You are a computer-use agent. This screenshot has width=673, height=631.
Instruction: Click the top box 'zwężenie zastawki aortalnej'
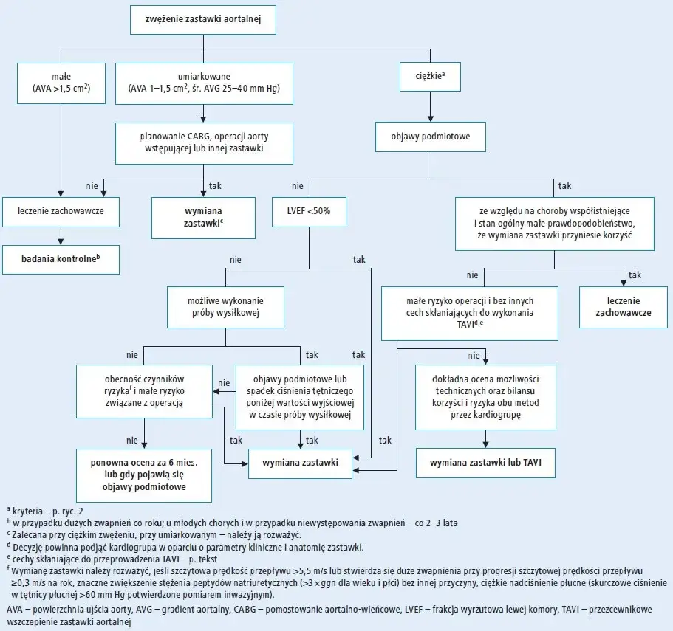coord(203,19)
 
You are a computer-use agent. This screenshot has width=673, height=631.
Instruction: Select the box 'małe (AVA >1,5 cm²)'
coord(61,83)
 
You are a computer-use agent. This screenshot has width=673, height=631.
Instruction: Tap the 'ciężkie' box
coord(430,77)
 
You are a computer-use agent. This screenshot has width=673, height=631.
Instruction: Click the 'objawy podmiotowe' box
coord(431,137)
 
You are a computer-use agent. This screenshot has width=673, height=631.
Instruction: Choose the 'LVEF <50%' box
coord(309,212)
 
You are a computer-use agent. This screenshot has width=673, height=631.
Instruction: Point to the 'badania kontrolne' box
coord(61,259)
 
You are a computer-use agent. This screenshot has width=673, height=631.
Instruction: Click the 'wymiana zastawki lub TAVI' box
coord(485,463)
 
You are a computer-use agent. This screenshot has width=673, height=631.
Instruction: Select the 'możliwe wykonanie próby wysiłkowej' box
coord(226,307)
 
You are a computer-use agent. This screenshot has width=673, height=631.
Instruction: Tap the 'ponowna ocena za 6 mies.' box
coord(144,475)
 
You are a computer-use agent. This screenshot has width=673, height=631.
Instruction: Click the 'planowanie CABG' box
coord(205,143)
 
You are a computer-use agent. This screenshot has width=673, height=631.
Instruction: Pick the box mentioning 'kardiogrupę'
coord(485,397)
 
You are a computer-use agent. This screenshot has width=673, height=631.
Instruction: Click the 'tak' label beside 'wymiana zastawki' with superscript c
coord(215,186)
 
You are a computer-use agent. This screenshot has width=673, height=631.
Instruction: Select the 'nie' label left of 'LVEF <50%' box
coord(298,186)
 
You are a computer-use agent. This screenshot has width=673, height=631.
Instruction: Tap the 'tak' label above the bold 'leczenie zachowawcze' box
coord(635,275)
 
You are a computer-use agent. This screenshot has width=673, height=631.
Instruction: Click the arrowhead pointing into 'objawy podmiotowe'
coord(431,119)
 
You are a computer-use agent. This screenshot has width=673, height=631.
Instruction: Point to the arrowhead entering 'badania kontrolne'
coord(61,242)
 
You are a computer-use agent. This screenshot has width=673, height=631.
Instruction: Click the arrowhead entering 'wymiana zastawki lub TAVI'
coord(485,445)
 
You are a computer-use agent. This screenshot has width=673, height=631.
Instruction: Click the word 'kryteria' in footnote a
coord(27,511)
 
